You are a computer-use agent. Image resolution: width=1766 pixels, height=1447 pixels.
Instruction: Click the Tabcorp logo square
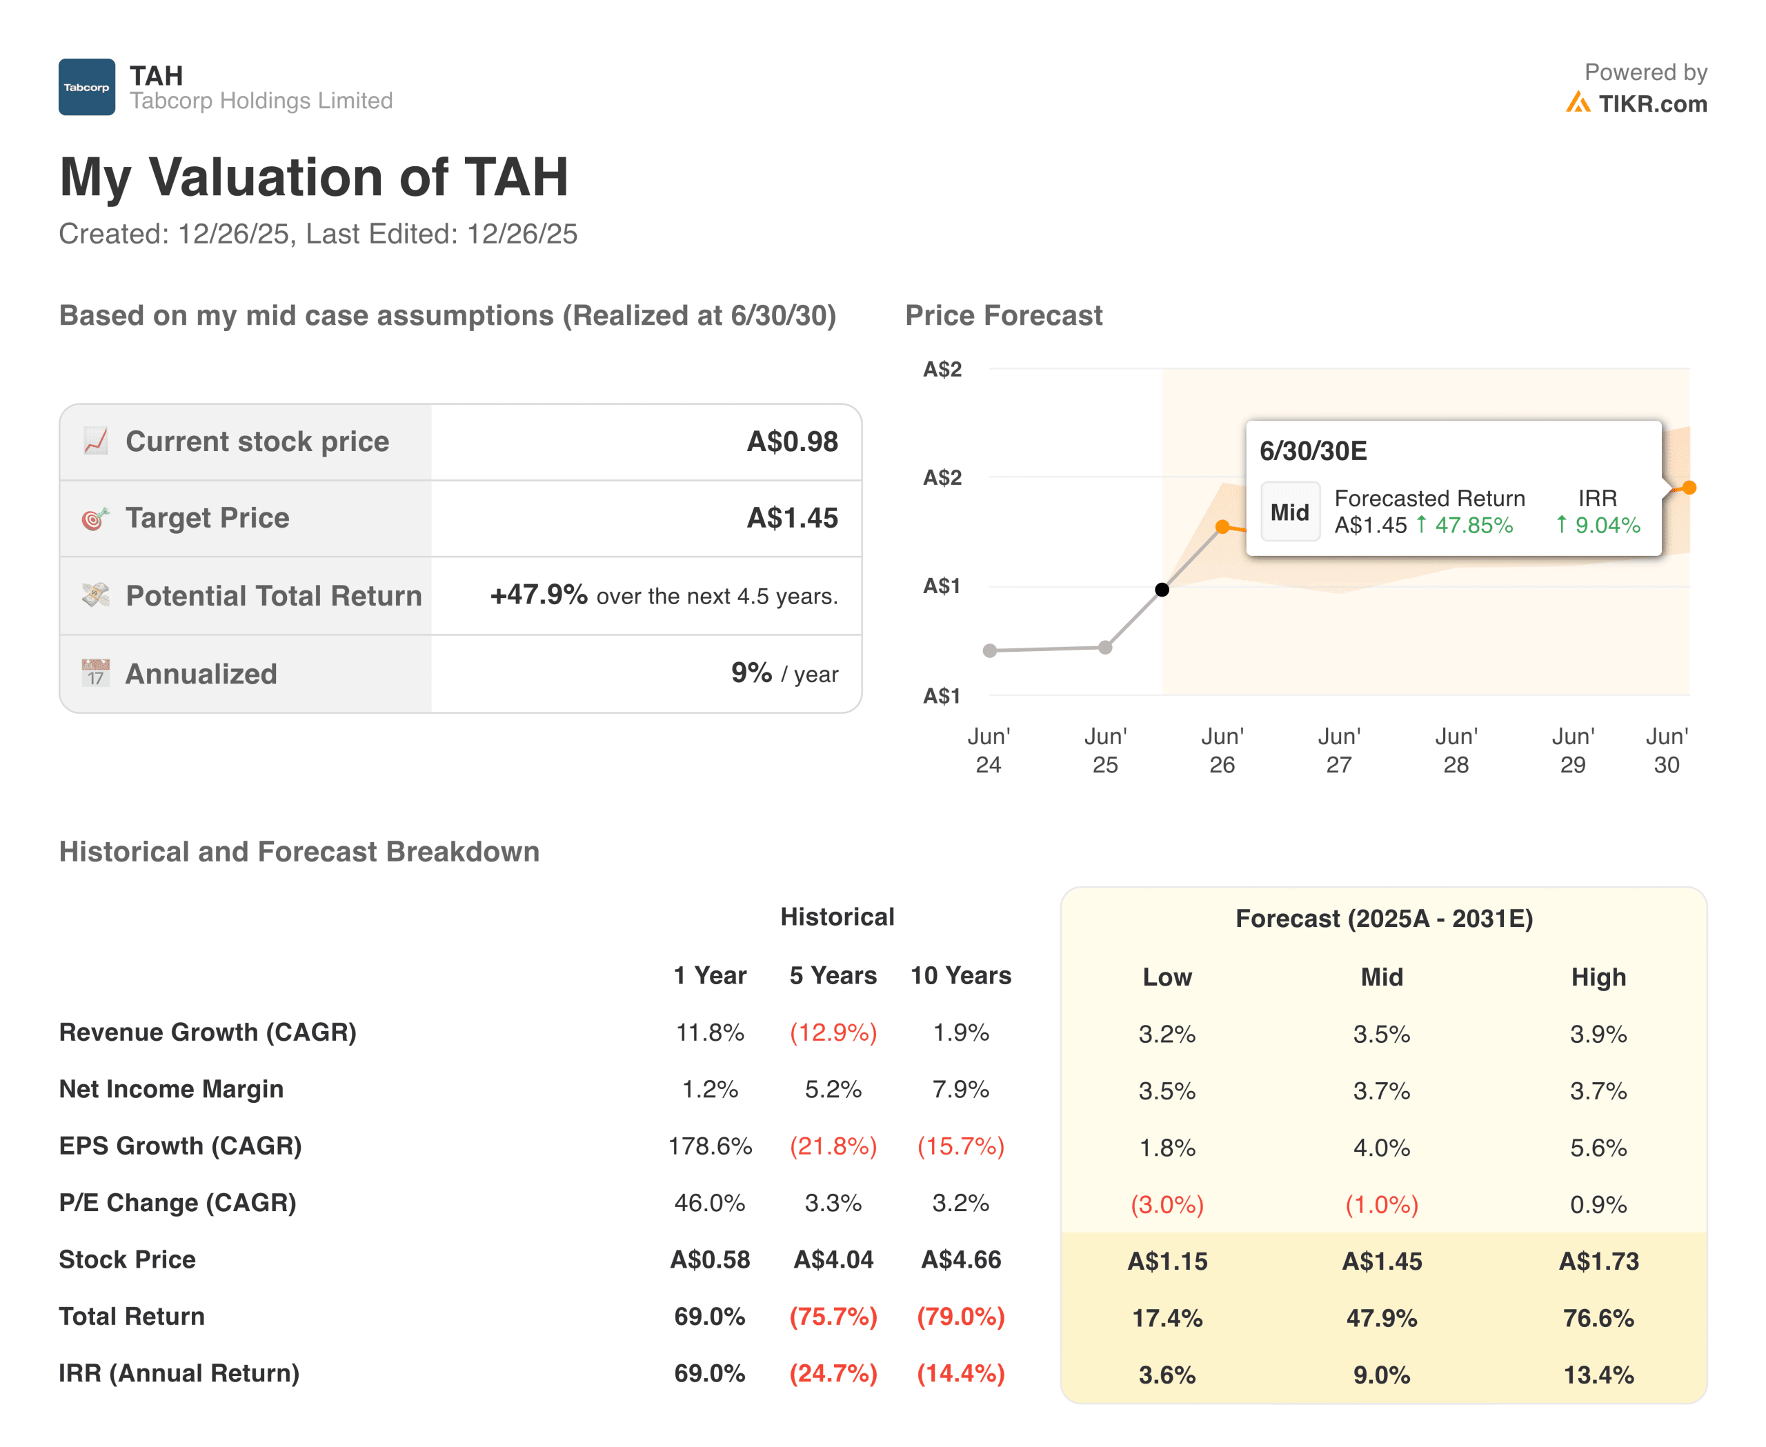(x=87, y=87)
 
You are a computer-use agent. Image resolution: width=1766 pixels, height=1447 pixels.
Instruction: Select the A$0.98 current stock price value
(x=791, y=442)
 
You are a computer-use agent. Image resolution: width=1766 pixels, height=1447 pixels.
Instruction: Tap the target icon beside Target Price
(x=95, y=519)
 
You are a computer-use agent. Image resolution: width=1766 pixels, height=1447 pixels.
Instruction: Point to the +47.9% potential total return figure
(x=539, y=595)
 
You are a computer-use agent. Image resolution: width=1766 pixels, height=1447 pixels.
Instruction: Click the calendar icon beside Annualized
(x=95, y=672)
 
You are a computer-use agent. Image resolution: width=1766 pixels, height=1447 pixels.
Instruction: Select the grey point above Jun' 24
(x=990, y=650)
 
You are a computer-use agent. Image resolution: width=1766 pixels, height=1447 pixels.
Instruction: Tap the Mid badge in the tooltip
(x=1289, y=512)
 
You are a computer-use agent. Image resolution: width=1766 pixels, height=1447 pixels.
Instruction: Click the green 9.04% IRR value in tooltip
(x=1606, y=525)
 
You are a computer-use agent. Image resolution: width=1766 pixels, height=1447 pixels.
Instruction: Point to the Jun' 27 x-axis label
(x=1338, y=750)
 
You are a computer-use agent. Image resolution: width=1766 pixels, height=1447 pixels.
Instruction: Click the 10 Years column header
(x=960, y=975)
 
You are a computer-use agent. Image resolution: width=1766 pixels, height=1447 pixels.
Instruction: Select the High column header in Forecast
(x=1598, y=977)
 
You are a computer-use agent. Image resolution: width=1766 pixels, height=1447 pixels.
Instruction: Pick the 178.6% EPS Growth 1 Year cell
(x=710, y=1146)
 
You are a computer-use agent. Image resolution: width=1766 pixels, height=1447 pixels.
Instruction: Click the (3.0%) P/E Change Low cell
(x=1167, y=1204)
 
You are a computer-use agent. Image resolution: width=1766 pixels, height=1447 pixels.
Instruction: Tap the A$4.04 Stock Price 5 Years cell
(x=833, y=1259)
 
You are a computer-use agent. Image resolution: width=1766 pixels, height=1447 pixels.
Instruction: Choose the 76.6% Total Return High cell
(x=1598, y=1318)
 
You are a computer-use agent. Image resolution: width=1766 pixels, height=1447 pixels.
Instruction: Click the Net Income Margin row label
(x=171, y=1090)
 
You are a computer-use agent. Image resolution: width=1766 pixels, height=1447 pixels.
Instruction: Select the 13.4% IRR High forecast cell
(x=1598, y=1375)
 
